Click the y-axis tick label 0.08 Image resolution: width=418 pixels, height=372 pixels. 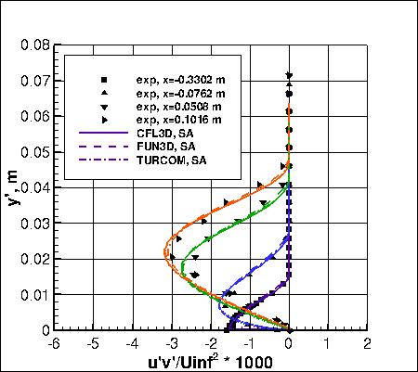(x=35, y=44)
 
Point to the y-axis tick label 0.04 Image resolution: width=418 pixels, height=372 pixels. (x=35, y=187)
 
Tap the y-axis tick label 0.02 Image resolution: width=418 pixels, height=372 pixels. (x=35, y=259)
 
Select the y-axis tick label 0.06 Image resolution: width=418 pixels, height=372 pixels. (x=35, y=115)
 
